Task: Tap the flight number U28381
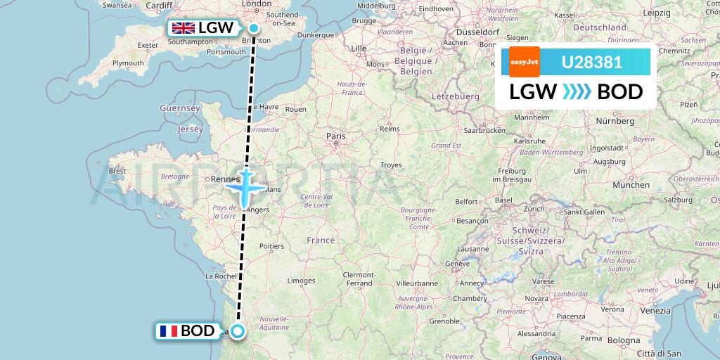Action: [x=591, y=62]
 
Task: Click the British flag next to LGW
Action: [x=184, y=28]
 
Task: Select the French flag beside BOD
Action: [x=169, y=331]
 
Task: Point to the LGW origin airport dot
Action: [x=253, y=28]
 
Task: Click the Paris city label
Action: [x=336, y=136]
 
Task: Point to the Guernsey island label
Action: [x=180, y=108]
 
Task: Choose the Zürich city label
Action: [x=534, y=209]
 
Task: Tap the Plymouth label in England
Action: [x=128, y=63]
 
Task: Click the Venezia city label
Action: [x=655, y=310]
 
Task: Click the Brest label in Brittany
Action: [x=117, y=170]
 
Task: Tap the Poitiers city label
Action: [x=271, y=246]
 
